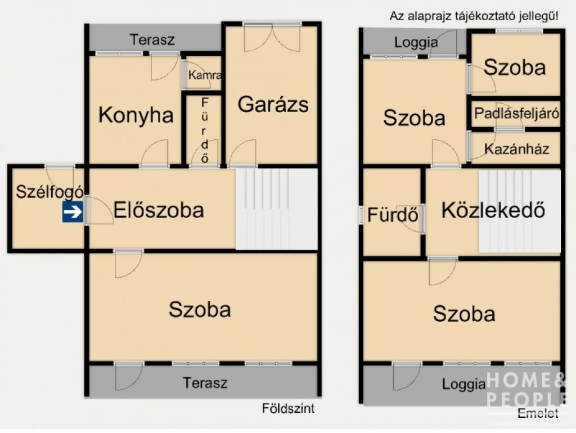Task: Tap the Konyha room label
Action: (136, 115)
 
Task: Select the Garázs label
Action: (273, 104)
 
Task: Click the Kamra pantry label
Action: (204, 75)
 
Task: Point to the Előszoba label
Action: (158, 210)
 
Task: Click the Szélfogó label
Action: (49, 191)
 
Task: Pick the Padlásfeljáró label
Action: (516, 114)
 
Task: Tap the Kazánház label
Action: (516, 150)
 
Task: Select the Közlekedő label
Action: (493, 210)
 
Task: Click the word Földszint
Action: (288, 408)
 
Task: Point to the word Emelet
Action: (538, 413)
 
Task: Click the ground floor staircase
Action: (277, 209)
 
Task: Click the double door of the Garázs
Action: (272, 38)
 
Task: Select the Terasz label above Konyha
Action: (152, 40)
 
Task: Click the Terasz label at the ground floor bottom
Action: (205, 383)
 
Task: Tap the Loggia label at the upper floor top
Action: (416, 42)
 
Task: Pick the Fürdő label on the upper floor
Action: (392, 215)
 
